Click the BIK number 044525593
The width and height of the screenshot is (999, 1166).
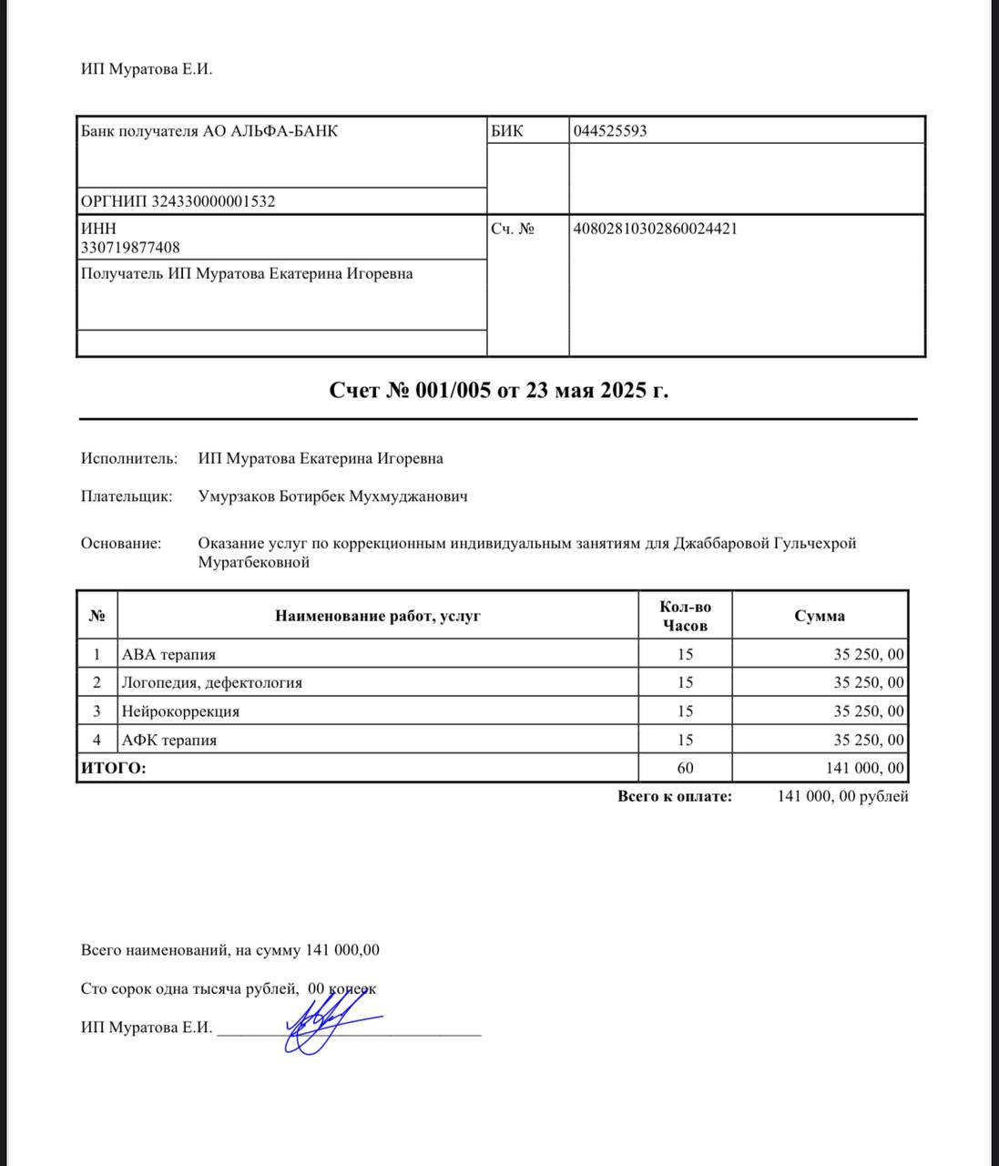pyautogui.click(x=610, y=130)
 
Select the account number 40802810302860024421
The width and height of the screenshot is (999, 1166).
pyautogui.click(x=655, y=228)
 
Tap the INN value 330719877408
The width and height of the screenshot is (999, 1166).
pyautogui.click(x=130, y=247)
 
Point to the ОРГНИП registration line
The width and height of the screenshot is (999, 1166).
pyautogui.click(x=178, y=201)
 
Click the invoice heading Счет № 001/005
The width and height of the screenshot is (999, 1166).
pyautogui.click(x=498, y=390)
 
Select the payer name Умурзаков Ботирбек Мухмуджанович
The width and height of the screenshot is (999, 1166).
pyautogui.click(x=332, y=496)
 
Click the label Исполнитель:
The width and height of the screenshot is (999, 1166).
pyautogui.click(x=128, y=458)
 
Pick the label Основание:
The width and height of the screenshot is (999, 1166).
pyautogui.click(x=120, y=543)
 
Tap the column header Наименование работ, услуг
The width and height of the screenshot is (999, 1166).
pyautogui.click(x=377, y=616)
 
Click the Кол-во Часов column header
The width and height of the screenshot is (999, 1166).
pyautogui.click(x=685, y=616)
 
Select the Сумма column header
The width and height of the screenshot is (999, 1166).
pyautogui.click(x=819, y=616)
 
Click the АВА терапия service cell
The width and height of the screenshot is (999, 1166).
pyautogui.click(x=168, y=654)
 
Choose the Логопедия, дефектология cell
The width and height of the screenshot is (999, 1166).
pyautogui.click(x=211, y=682)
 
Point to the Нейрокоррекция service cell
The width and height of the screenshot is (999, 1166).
pyautogui.click(x=180, y=711)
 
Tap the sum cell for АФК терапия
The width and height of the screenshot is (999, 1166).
pyautogui.click(x=869, y=740)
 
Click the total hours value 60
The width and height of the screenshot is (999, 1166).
pyautogui.click(x=685, y=768)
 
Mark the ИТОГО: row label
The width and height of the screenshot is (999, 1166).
pyautogui.click(x=113, y=768)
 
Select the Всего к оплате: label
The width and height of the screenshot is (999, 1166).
pyautogui.click(x=674, y=796)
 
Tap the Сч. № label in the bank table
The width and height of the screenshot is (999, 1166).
pyautogui.click(x=513, y=228)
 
